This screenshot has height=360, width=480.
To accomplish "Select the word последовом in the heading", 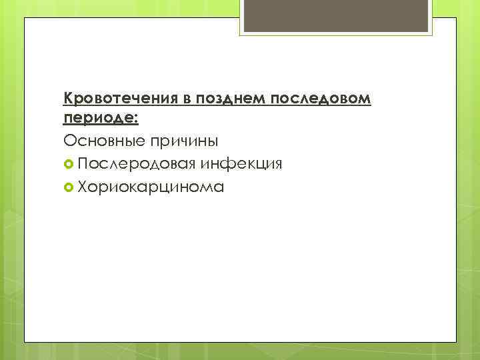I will tap(319, 99).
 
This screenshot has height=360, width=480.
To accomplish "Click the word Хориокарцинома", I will tap(151, 187).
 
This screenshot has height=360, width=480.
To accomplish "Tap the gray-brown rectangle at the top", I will tap(337, 15).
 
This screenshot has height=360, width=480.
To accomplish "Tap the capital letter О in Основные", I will tap(69, 141).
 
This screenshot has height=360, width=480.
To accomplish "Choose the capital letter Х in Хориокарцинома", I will tap(82, 187).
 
